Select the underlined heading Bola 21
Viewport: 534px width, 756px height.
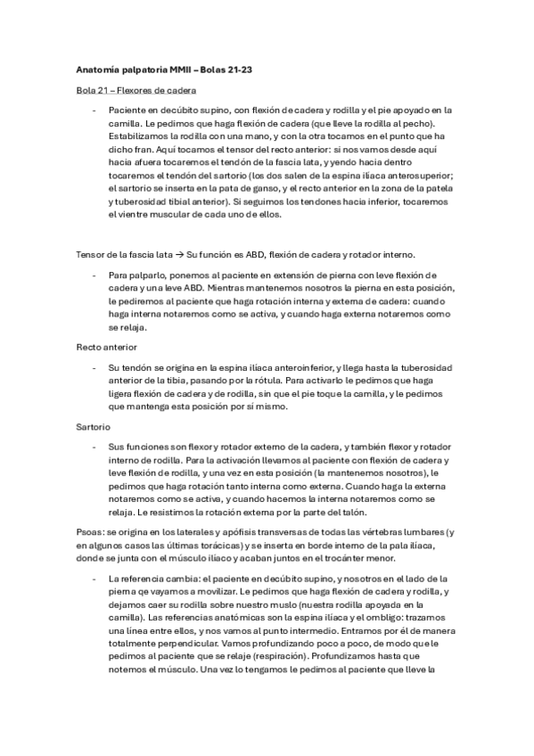(x=90, y=91)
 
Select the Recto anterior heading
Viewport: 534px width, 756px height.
(x=107, y=345)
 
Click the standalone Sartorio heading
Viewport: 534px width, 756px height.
(x=94, y=427)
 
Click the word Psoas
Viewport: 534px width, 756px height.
(x=91, y=531)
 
